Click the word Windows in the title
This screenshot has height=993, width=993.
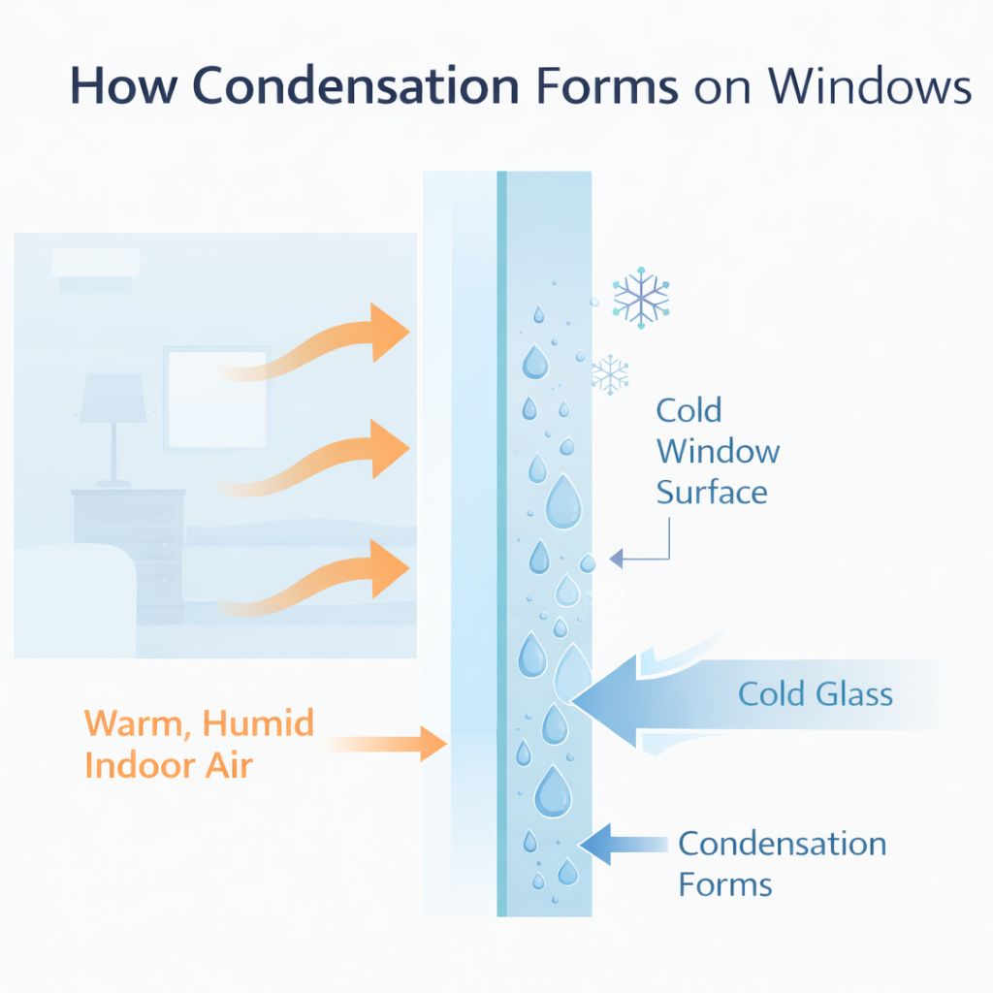click(x=871, y=87)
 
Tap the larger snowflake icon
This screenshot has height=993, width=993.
click(x=641, y=296)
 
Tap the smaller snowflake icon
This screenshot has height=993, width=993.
click(x=610, y=373)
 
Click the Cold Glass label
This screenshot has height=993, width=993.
click(x=815, y=693)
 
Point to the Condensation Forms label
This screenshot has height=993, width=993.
click(x=782, y=863)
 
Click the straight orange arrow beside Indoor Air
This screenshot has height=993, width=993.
click(x=388, y=745)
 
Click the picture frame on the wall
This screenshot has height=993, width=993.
click(x=216, y=398)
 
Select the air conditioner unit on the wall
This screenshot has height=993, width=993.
click(x=95, y=267)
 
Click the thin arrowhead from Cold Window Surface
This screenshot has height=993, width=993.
click(x=617, y=560)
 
